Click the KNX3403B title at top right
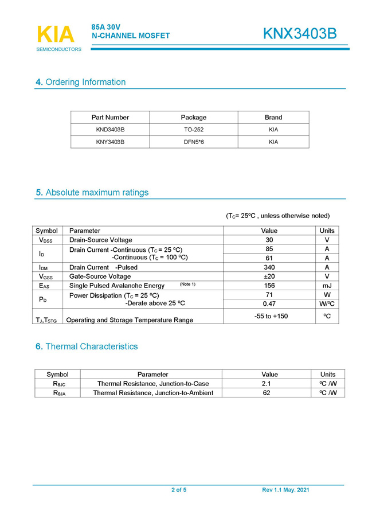click(x=300, y=34)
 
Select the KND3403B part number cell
click(x=110, y=130)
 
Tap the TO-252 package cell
click(x=193, y=130)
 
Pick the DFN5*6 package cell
click(x=193, y=142)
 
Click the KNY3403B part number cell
click(x=110, y=142)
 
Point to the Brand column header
click(x=273, y=117)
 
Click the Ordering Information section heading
click(x=81, y=82)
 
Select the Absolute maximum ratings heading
click(x=92, y=192)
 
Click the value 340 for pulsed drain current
click(x=269, y=267)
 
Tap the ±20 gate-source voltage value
click(x=269, y=276)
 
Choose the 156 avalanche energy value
click(x=269, y=286)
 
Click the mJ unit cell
click(x=327, y=286)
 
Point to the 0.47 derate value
click(x=269, y=303)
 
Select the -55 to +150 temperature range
click(x=269, y=316)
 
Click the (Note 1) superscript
click(x=187, y=285)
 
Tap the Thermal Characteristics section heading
click(x=87, y=346)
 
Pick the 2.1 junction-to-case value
click(x=266, y=383)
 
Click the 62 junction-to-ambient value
click(x=266, y=393)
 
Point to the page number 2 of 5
click(x=179, y=490)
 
